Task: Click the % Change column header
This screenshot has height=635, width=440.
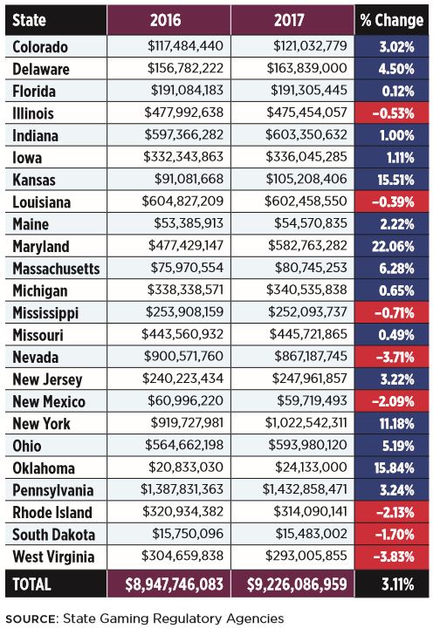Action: [391, 20]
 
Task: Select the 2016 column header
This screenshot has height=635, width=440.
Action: [165, 20]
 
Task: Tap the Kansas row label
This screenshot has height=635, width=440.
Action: [34, 180]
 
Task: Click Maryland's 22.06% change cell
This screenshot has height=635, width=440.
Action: [393, 246]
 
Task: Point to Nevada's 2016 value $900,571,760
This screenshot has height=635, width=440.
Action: [183, 356]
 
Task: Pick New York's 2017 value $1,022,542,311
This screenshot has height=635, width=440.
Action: [306, 423]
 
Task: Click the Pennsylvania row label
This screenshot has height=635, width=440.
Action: [53, 490]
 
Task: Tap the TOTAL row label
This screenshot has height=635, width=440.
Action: [31, 584]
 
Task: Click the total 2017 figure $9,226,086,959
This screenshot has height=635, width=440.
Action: [297, 584]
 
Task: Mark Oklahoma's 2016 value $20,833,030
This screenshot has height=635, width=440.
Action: [186, 467]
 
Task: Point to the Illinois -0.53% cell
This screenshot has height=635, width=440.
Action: [393, 113]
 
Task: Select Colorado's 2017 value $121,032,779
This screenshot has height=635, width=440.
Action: [310, 46]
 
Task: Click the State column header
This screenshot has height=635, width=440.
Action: [29, 20]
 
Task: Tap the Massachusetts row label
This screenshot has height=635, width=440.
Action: [57, 269]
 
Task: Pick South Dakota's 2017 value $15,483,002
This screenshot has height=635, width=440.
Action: [311, 533]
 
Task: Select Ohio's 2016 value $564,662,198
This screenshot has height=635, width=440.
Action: [184, 445]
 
